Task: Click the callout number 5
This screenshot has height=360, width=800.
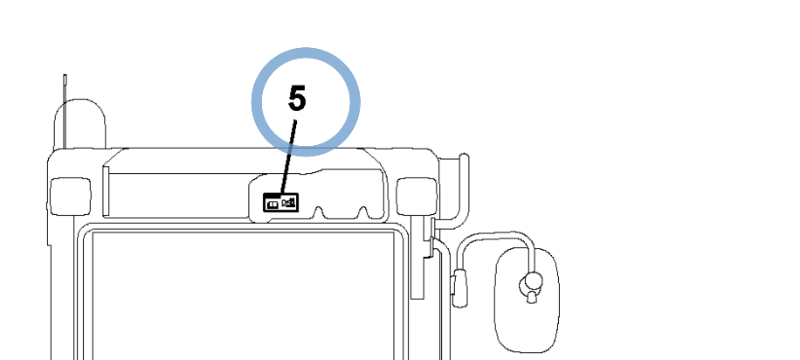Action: tap(297, 99)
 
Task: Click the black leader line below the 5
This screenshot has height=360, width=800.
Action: tap(288, 157)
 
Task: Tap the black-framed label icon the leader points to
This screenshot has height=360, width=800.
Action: tap(280, 203)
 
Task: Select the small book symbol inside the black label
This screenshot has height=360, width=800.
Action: tap(273, 204)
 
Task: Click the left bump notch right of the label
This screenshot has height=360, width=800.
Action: tap(320, 213)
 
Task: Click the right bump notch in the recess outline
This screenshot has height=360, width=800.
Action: tap(362, 212)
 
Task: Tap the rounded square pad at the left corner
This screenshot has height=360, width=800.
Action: tap(71, 196)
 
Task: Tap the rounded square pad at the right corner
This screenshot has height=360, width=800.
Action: tap(417, 196)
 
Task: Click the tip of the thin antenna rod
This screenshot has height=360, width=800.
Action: tap(65, 75)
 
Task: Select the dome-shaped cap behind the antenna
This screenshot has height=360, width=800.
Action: tap(79, 123)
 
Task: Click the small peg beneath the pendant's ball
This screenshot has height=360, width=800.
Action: tap(532, 297)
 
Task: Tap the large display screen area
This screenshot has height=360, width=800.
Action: tap(244, 295)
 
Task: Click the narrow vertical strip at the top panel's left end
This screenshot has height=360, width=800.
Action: tap(107, 191)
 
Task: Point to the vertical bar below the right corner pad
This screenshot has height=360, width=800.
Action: tap(417, 257)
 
